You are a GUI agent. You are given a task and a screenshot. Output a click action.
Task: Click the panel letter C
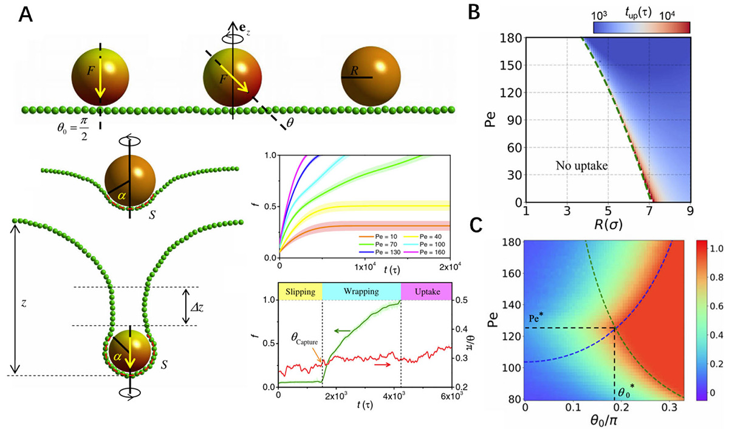tap(478, 225)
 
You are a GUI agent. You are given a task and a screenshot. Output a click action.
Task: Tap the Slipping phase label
tap(299, 292)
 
